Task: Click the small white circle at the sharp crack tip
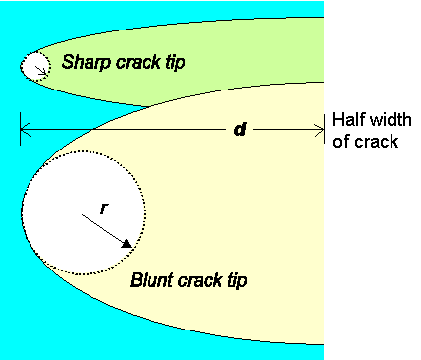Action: click(35, 65)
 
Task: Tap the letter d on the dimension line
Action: click(239, 130)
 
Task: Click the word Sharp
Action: click(83, 63)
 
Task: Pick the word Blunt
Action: click(150, 280)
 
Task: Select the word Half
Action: click(348, 120)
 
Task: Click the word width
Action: click(384, 120)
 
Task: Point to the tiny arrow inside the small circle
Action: click(39, 69)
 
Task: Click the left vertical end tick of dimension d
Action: click(20, 129)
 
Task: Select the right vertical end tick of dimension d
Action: click(325, 129)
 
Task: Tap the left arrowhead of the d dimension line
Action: click(25, 129)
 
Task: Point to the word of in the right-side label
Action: click(340, 141)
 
